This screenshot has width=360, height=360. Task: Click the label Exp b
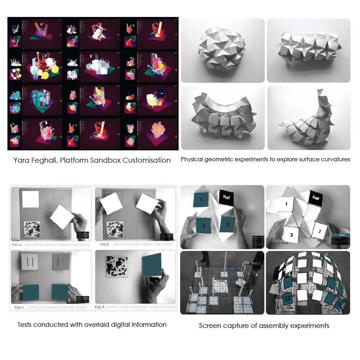pyautogui.click(x=105, y=244)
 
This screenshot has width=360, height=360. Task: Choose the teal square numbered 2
pyautogui.click(x=228, y=224)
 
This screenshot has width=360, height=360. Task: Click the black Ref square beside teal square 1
pyautogui.click(x=227, y=198)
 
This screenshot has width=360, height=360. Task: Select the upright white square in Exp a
pyautogui.click(x=30, y=199)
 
